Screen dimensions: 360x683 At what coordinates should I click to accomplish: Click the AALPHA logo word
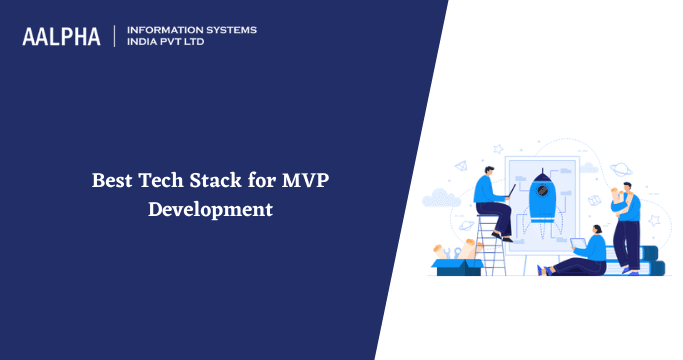click(x=62, y=37)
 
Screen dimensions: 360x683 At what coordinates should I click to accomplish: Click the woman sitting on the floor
click(x=585, y=256)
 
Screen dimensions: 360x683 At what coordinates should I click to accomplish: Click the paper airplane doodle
click(x=461, y=166)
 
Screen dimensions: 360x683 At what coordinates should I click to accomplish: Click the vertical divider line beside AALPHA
click(x=115, y=36)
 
